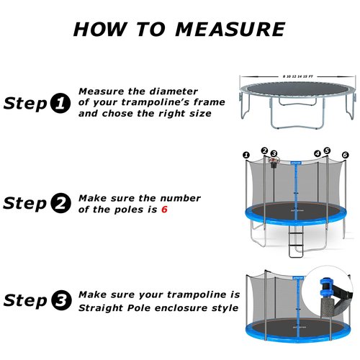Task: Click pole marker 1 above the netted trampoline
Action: (x=246, y=154)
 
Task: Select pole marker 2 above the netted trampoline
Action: (x=264, y=150)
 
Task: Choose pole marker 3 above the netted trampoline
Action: (x=274, y=153)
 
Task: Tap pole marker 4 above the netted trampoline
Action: (x=318, y=153)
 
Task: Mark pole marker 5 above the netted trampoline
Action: (x=327, y=150)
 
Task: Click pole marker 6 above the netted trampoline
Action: (x=345, y=155)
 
